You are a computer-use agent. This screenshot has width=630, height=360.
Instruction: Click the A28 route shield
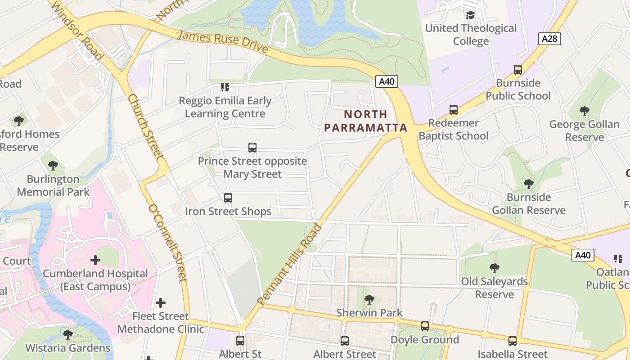click(x=549, y=39)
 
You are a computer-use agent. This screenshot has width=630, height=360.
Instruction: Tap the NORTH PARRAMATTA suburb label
click(x=365, y=121)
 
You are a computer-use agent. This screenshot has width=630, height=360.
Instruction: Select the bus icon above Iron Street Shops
click(x=228, y=198)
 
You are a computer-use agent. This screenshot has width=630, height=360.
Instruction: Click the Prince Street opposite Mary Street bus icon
click(x=252, y=148)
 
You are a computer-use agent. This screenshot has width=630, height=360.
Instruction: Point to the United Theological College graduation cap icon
click(x=471, y=15)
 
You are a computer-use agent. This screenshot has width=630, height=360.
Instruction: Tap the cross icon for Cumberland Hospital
click(x=95, y=260)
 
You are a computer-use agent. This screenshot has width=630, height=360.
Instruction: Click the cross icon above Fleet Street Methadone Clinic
click(x=161, y=303)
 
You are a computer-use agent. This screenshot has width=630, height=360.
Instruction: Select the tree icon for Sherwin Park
click(x=369, y=299)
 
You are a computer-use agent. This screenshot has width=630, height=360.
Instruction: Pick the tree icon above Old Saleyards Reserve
click(x=495, y=268)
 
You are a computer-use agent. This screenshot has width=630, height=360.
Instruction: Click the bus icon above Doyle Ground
click(x=425, y=326)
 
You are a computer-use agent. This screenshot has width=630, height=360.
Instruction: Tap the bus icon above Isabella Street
click(x=513, y=341)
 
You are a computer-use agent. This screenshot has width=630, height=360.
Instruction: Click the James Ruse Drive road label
click(x=223, y=42)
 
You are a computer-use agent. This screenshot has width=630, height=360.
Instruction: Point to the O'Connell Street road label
click(x=167, y=243)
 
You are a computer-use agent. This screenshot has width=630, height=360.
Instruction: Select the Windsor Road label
click(x=77, y=30)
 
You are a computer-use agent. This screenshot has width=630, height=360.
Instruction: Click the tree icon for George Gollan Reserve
click(x=584, y=111)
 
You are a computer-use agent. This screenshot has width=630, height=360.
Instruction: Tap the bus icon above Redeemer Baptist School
click(x=454, y=110)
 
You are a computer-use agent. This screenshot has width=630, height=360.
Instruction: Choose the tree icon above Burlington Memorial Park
click(x=53, y=166)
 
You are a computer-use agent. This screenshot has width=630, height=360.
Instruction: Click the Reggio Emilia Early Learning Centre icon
click(x=225, y=87)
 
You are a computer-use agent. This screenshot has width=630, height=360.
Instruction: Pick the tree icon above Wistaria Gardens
click(x=68, y=335)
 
